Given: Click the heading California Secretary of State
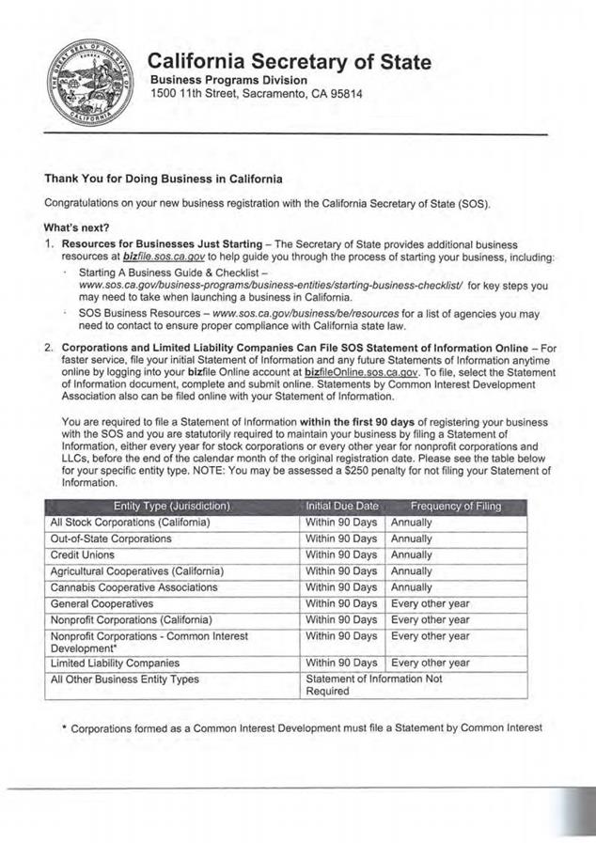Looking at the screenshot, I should (290, 62).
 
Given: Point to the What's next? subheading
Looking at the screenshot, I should (76, 226).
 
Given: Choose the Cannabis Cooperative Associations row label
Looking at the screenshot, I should (137, 587).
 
